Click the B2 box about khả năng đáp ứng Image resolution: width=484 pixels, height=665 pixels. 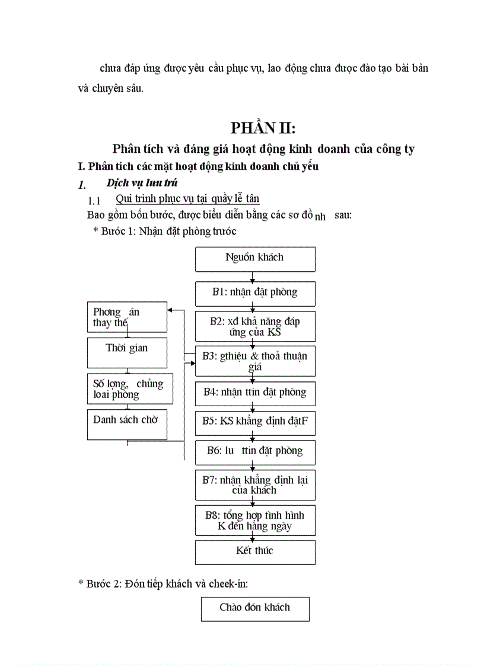[255, 327]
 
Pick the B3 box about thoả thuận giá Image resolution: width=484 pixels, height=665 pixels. [255, 361]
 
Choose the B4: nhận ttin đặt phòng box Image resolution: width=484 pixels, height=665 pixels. [255, 393]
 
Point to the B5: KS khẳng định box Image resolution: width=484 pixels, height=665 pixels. [255, 423]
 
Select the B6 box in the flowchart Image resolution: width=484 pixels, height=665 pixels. [255, 452]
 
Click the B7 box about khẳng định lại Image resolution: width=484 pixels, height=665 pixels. [255, 485]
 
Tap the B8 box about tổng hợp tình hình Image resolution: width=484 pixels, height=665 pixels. [255, 521]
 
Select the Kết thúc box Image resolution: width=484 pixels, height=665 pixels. [255, 552]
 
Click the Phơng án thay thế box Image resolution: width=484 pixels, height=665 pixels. [127, 317]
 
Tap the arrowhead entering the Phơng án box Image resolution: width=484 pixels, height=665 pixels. [171, 310]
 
